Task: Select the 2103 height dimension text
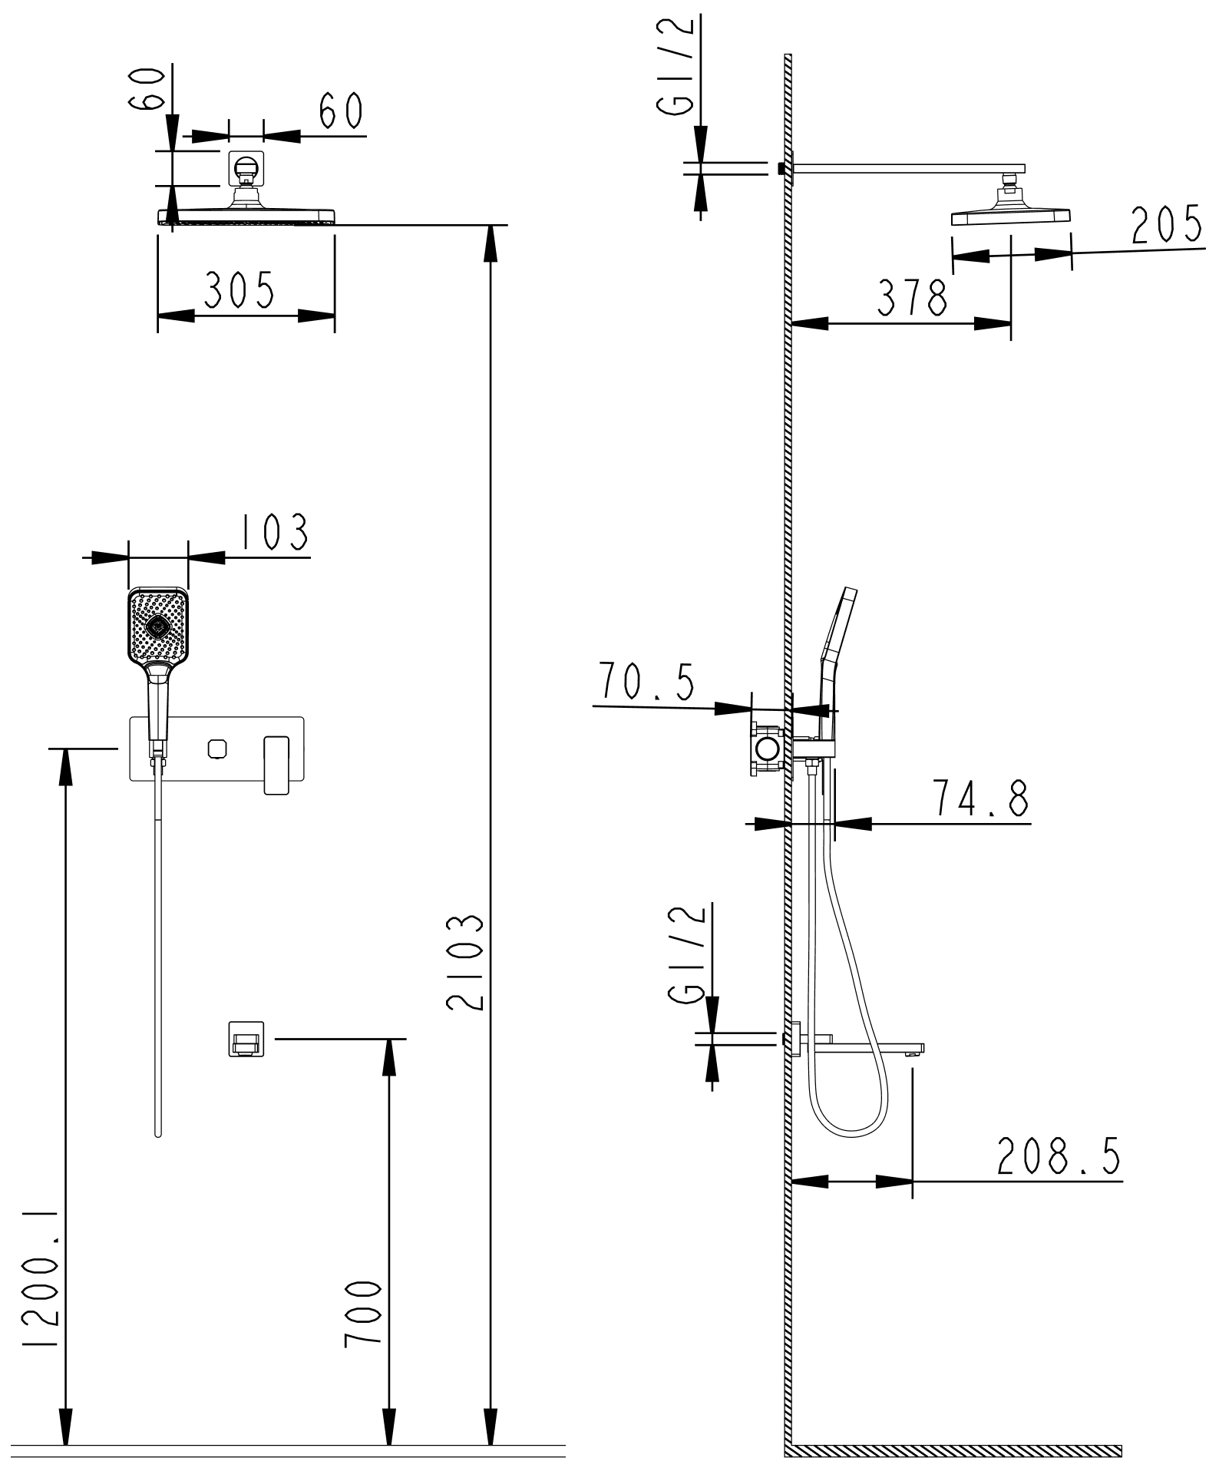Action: point(468,961)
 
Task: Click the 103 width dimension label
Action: point(275,532)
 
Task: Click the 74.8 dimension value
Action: point(980,798)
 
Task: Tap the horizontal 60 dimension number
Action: point(341,111)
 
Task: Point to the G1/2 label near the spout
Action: point(687,952)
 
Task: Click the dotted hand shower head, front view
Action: point(157,627)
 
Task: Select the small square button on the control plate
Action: point(218,748)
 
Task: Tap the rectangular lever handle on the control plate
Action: point(277,765)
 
